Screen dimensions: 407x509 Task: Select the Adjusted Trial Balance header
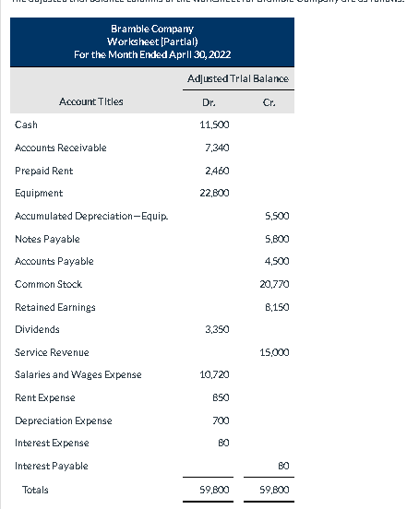point(237,78)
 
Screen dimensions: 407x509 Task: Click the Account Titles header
point(90,102)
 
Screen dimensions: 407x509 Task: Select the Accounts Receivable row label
point(61,148)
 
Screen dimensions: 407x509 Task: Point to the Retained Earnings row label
point(55,307)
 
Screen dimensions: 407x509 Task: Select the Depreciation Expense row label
point(64,420)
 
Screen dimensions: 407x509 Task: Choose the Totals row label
point(36,491)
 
